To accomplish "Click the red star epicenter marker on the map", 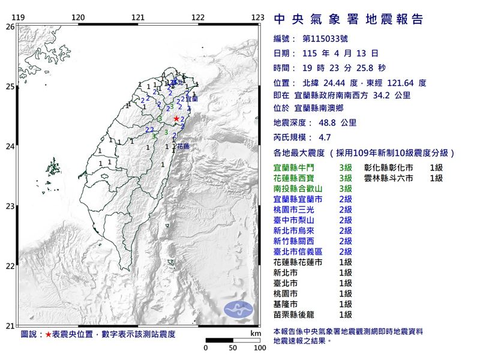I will click(x=176, y=119).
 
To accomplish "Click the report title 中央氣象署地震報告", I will click(x=348, y=20).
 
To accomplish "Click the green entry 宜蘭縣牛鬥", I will click(x=301, y=168).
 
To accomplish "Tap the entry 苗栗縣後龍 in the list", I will click(x=301, y=314).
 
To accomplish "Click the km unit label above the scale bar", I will click(x=256, y=333).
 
